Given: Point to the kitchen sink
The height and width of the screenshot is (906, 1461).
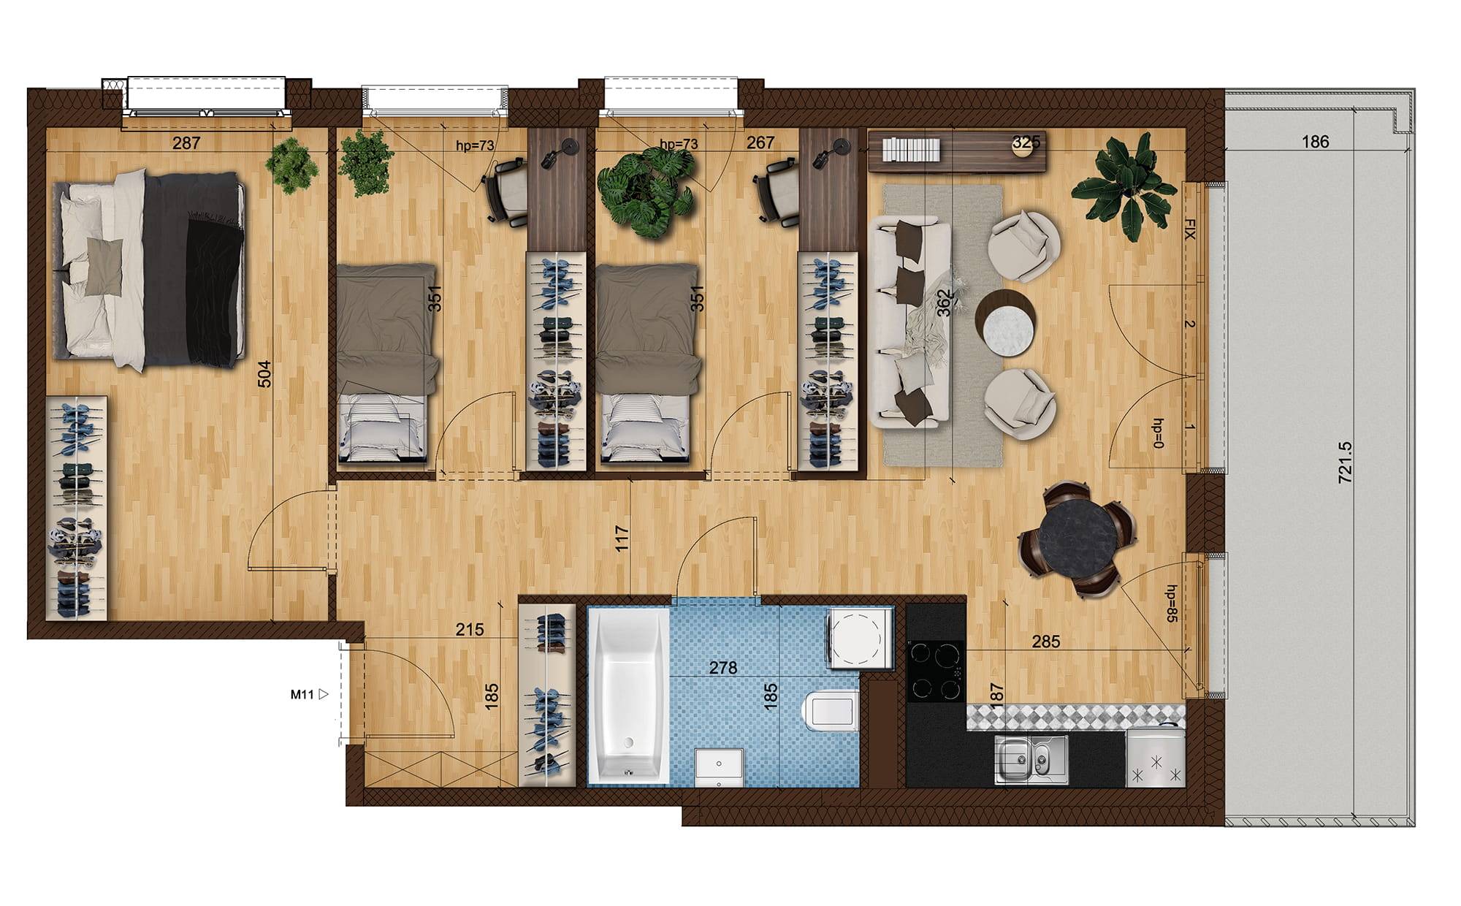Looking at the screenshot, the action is pyautogui.click(x=1031, y=759).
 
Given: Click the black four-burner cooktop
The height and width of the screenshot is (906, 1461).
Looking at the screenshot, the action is pyautogui.click(x=936, y=671).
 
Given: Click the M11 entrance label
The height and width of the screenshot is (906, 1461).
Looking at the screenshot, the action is pyautogui.click(x=302, y=695).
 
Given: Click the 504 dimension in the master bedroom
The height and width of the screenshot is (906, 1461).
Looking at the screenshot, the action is pyautogui.click(x=264, y=373).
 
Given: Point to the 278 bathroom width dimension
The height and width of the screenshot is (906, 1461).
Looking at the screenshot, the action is pyautogui.click(x=723, y=668).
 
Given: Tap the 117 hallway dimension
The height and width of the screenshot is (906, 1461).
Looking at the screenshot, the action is pyautogui.click(x=622, y=538).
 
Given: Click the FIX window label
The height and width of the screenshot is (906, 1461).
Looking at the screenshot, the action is pyautogui.click(x=1189, y=229).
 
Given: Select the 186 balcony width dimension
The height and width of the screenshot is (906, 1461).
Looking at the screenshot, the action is pyautogui.click(x=1316, y=142).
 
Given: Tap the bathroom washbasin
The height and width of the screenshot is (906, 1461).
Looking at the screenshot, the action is pyautogui.click(x=720, y=767).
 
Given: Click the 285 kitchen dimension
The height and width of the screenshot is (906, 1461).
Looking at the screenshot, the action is pyautogui.click(x=1045, y=642).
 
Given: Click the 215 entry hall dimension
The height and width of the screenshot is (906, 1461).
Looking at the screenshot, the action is pyautogui.click(x=469, y=629).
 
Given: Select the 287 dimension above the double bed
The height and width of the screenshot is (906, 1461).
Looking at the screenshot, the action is pyautogui.click(x=186, y=143).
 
